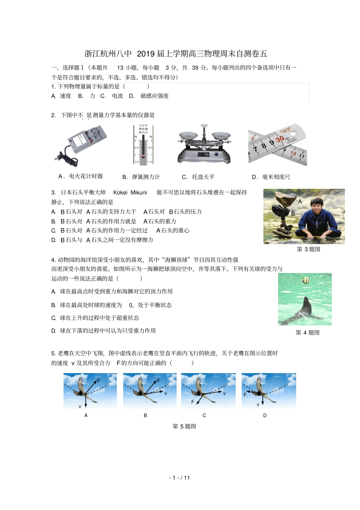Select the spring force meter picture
[143, 145]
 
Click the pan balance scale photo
[205, 144]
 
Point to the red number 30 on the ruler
[280, 139]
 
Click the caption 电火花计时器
[86, 176]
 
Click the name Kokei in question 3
[121, 193]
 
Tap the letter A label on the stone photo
[300, 201]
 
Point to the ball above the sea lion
[305, 281]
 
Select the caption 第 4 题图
[307, 333]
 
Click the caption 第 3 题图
[308, 249]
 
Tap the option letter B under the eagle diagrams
[145, 416]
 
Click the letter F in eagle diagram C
[193, 402]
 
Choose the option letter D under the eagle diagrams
[265, 416]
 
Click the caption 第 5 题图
[184, 426]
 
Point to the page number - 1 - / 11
[180, 478]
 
